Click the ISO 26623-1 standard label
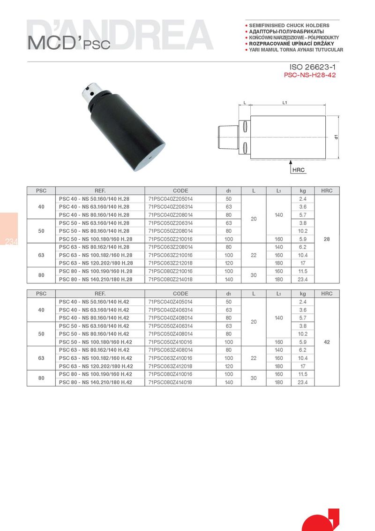point(312,67)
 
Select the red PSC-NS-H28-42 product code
point(310,75)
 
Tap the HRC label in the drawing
point(298,170)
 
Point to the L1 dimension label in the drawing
point(285,102)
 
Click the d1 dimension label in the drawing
point(336,137)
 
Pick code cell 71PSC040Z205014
point(170,199)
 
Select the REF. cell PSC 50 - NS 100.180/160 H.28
point(96,239)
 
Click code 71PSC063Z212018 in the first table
point(170,263)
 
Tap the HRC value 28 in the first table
point(327,239)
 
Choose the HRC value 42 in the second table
point(327,342)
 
